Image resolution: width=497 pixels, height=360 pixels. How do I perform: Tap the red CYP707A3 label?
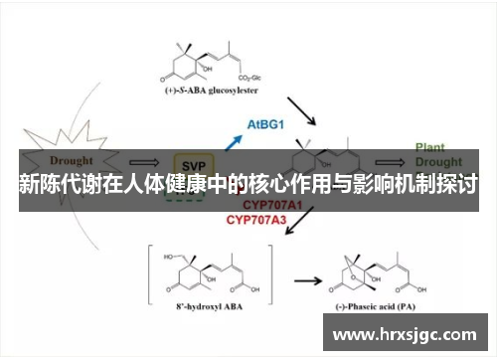click(256, 219)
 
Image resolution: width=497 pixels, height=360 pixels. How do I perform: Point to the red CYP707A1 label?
click(256, 203)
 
